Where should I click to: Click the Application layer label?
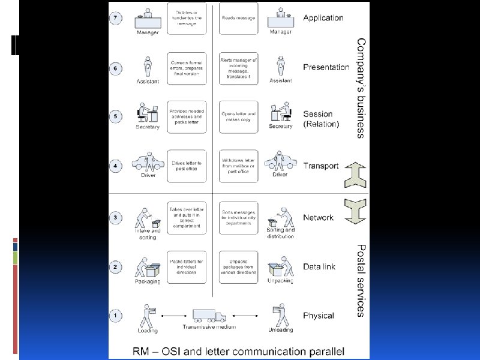(323, 18)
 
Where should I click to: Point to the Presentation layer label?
(326, 67)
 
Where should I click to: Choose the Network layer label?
(318, 217)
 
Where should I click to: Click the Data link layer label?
(319, 266)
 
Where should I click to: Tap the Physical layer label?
(319, 316)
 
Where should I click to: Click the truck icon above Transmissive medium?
(209, 316)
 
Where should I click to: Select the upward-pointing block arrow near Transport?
(355, 175)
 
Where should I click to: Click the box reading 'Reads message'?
(238, 18)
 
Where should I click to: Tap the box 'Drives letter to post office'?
(187, 166)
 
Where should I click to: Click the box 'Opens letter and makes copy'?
(238, 116)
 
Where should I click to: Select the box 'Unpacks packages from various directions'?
(238, 267)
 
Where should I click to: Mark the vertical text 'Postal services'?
(361, 280)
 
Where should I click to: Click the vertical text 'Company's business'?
(361, 88)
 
